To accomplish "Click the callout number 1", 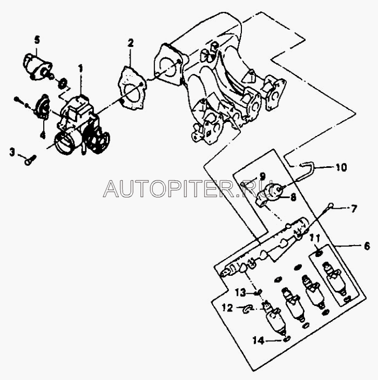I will click(80, 69).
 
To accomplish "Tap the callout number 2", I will click(130, 43).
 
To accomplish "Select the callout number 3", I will click(12, 152).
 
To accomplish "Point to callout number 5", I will click(37, 39).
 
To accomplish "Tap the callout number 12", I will click(227, 308).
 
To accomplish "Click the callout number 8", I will click(293, 198).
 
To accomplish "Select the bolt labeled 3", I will click(30, 159).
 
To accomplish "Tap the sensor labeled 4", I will click(42, 106).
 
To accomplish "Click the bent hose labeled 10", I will click(306, 167).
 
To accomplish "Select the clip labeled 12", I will click(247, 308).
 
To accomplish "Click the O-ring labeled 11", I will click(319, 253).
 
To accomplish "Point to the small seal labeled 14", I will click(286, 339).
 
